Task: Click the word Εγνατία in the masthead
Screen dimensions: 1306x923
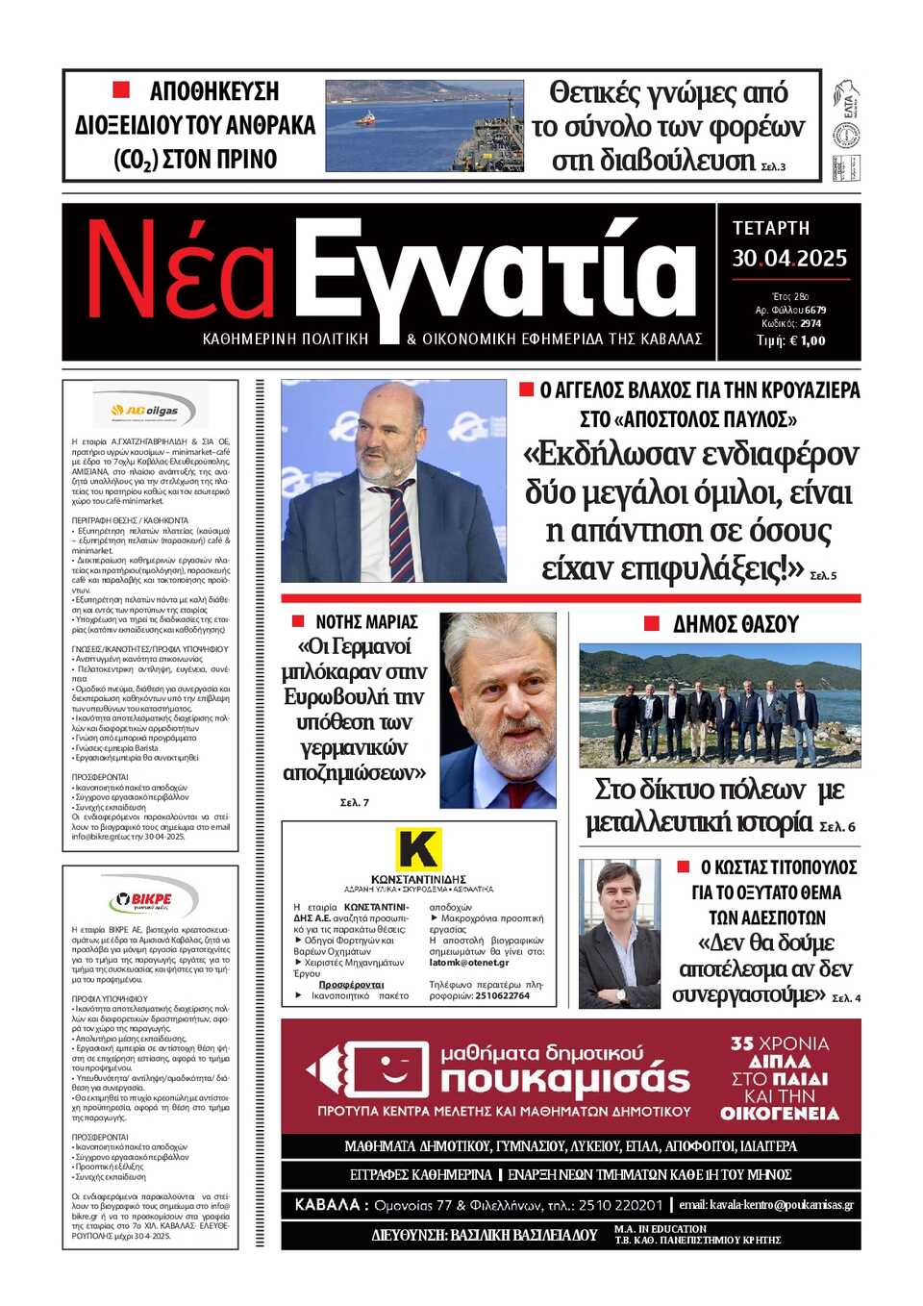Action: click(x=495, y=274)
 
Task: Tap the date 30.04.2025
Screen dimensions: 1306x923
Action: click(x=789, y=258)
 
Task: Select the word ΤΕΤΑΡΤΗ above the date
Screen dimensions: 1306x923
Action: click(x=771, y=228)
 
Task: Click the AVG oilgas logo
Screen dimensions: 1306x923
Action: click(x=150, y=411)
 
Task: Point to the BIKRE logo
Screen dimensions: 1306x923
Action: click(x=151, y=900)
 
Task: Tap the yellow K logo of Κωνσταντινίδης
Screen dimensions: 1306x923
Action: click(x=419, y=850)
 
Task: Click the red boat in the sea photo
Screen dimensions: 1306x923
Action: click(x=366, y=119)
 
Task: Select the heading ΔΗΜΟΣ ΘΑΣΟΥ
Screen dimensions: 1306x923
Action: click(x=736, y=624)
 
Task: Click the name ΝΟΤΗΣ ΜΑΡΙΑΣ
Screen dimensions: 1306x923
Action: click(x=366, y=622)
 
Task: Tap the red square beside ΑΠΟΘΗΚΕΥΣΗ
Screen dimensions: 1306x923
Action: click(x=121, y=90)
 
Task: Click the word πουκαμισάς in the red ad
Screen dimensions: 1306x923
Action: click(x=565, y=1080)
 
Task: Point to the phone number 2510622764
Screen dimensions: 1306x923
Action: click(x=502, y=995)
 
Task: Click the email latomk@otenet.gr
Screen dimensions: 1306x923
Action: click(x=469, y=962)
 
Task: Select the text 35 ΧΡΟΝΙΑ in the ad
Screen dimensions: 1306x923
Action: click(x=779, y=1043)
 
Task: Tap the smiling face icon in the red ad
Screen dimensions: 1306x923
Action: click(x=387, y=1069)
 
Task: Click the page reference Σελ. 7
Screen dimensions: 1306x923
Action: click(x=354, y=802)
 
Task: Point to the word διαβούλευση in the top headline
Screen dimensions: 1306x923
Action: click(x=654, y=160)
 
